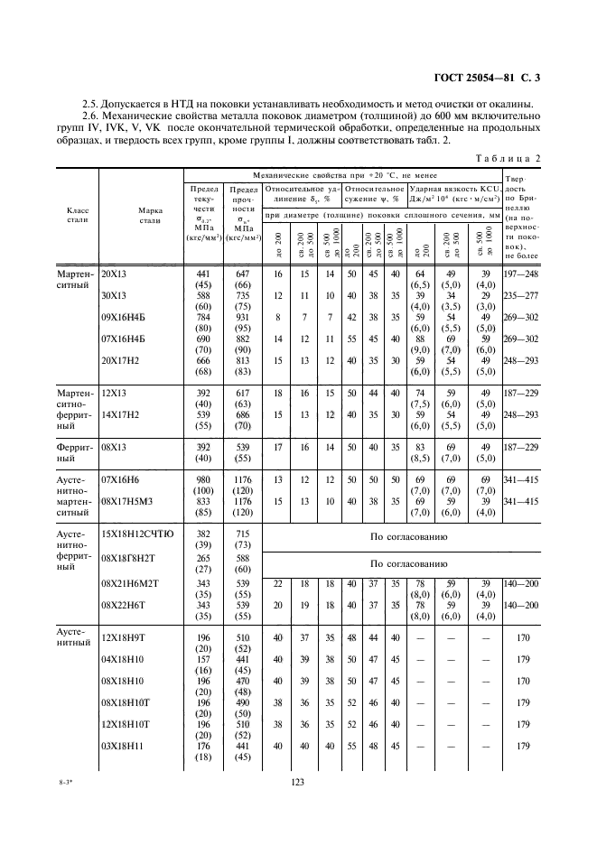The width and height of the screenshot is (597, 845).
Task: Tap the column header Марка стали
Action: [x=150, y=214]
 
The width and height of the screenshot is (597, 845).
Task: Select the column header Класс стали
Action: [x=77, y=214]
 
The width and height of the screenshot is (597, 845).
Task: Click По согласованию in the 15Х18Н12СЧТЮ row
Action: [x=409, y=536]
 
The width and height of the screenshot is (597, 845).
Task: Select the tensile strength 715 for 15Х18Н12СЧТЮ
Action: [x=242, y=534]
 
